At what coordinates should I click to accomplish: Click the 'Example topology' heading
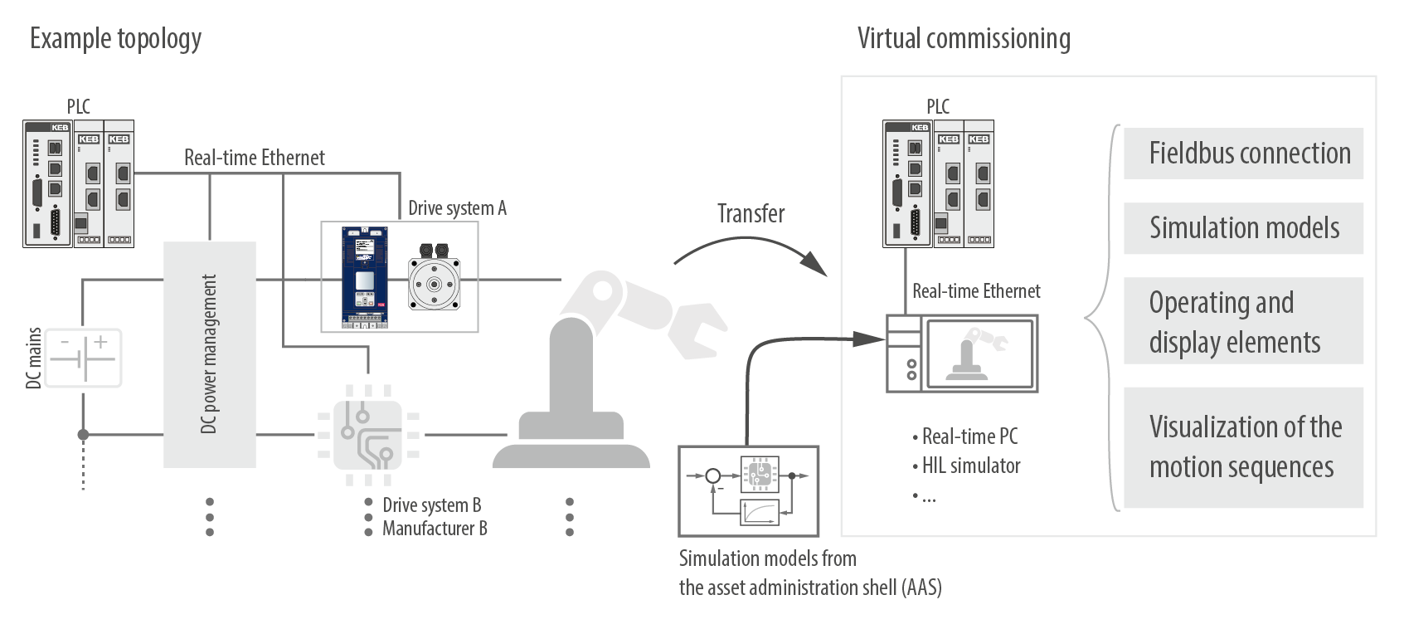click(115, 39)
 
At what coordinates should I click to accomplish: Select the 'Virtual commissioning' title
click(963, 39)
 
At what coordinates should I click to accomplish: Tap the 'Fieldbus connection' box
click(1242, 154)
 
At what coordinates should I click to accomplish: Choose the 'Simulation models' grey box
click(1242, 228)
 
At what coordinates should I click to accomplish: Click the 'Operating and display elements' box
click(1242, 322)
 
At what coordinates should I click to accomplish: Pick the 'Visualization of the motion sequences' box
click(1242, 447)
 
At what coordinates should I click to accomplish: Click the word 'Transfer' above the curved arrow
click(751, 214)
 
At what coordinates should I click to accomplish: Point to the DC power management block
click(209, 354)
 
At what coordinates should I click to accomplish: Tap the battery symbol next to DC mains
click(83, 358)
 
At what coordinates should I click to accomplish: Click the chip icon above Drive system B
click(367, 435)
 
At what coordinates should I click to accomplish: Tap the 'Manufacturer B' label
click(435, 529)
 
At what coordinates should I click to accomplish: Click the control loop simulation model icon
click(749, 490)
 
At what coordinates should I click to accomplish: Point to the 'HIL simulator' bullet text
click(970, 466)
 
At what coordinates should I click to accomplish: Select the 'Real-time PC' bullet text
click(969, 436)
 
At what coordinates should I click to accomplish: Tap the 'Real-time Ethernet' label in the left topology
click(254, 158)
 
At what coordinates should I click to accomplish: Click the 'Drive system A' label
click(457, 208)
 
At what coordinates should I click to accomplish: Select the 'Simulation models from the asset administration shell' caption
click(809, 573)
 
